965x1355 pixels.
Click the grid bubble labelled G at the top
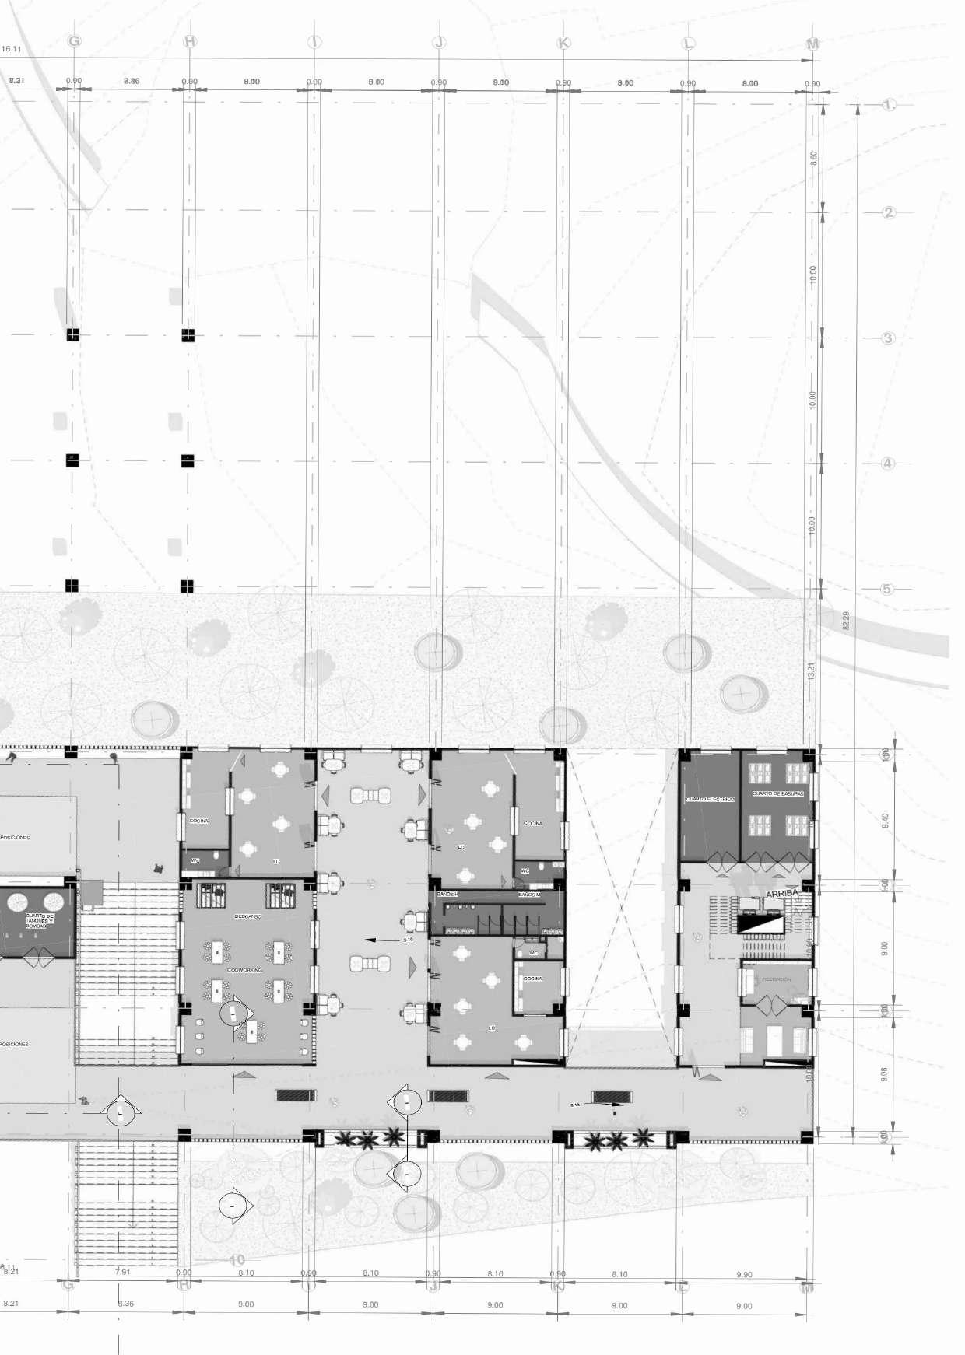(75, 41)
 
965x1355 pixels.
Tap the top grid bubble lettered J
(439, 42)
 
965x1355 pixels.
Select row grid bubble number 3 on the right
(888, 338)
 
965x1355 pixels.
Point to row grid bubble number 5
(886, 589)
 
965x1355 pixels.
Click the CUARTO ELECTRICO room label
(709, 799)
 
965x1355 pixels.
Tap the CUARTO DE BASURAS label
(777, 793)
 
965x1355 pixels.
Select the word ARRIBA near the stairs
(782, 894)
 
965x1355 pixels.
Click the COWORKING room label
(244, 970)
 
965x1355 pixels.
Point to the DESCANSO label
(248, 916)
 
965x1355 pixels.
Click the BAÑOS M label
(529, 895)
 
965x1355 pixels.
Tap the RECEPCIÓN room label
(776, 979)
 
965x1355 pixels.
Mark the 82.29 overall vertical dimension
(846, 621)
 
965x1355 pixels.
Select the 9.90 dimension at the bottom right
(744, 1274)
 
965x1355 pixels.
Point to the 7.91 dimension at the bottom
(122, 1272)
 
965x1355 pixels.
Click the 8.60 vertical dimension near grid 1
(814, 158)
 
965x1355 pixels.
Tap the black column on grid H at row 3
(188, 335)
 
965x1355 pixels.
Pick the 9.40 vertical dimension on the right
(885, 820)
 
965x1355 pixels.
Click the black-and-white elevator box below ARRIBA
(760, 924)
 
